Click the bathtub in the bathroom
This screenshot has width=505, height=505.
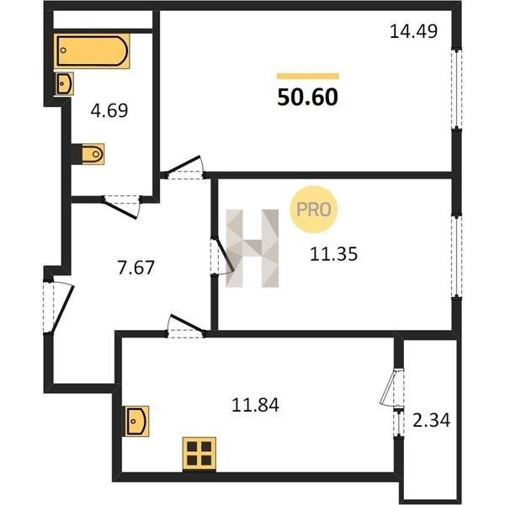click(92, 50)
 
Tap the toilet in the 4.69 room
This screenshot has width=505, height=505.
click(93, 154)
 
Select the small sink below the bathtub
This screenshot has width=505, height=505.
click(65, 83)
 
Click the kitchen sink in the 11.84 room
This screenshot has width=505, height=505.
click(137, 421)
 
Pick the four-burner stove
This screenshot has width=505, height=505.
click(199, 454)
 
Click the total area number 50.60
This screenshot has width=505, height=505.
click(307, 98)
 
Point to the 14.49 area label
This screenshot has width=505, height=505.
click(413, 32)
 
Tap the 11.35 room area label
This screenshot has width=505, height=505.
click(333, 254)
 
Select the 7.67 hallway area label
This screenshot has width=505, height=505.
click(136, 268)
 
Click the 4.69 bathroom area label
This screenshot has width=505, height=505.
click(109, 110)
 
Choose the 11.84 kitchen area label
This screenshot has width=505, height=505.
click(255, 405)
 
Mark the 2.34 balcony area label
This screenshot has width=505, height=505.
click(432, 420)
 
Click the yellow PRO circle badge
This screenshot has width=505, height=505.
click(313, 210)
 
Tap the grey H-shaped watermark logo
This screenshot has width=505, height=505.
click(252, 248)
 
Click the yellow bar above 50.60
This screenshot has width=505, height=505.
click(307, 76)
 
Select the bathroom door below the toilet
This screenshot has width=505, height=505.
click(122, 205)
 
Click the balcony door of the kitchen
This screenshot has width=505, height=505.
click(392, 387)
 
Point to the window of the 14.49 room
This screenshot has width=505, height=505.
click(456, 88)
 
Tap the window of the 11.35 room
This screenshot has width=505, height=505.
click(456, 256)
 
